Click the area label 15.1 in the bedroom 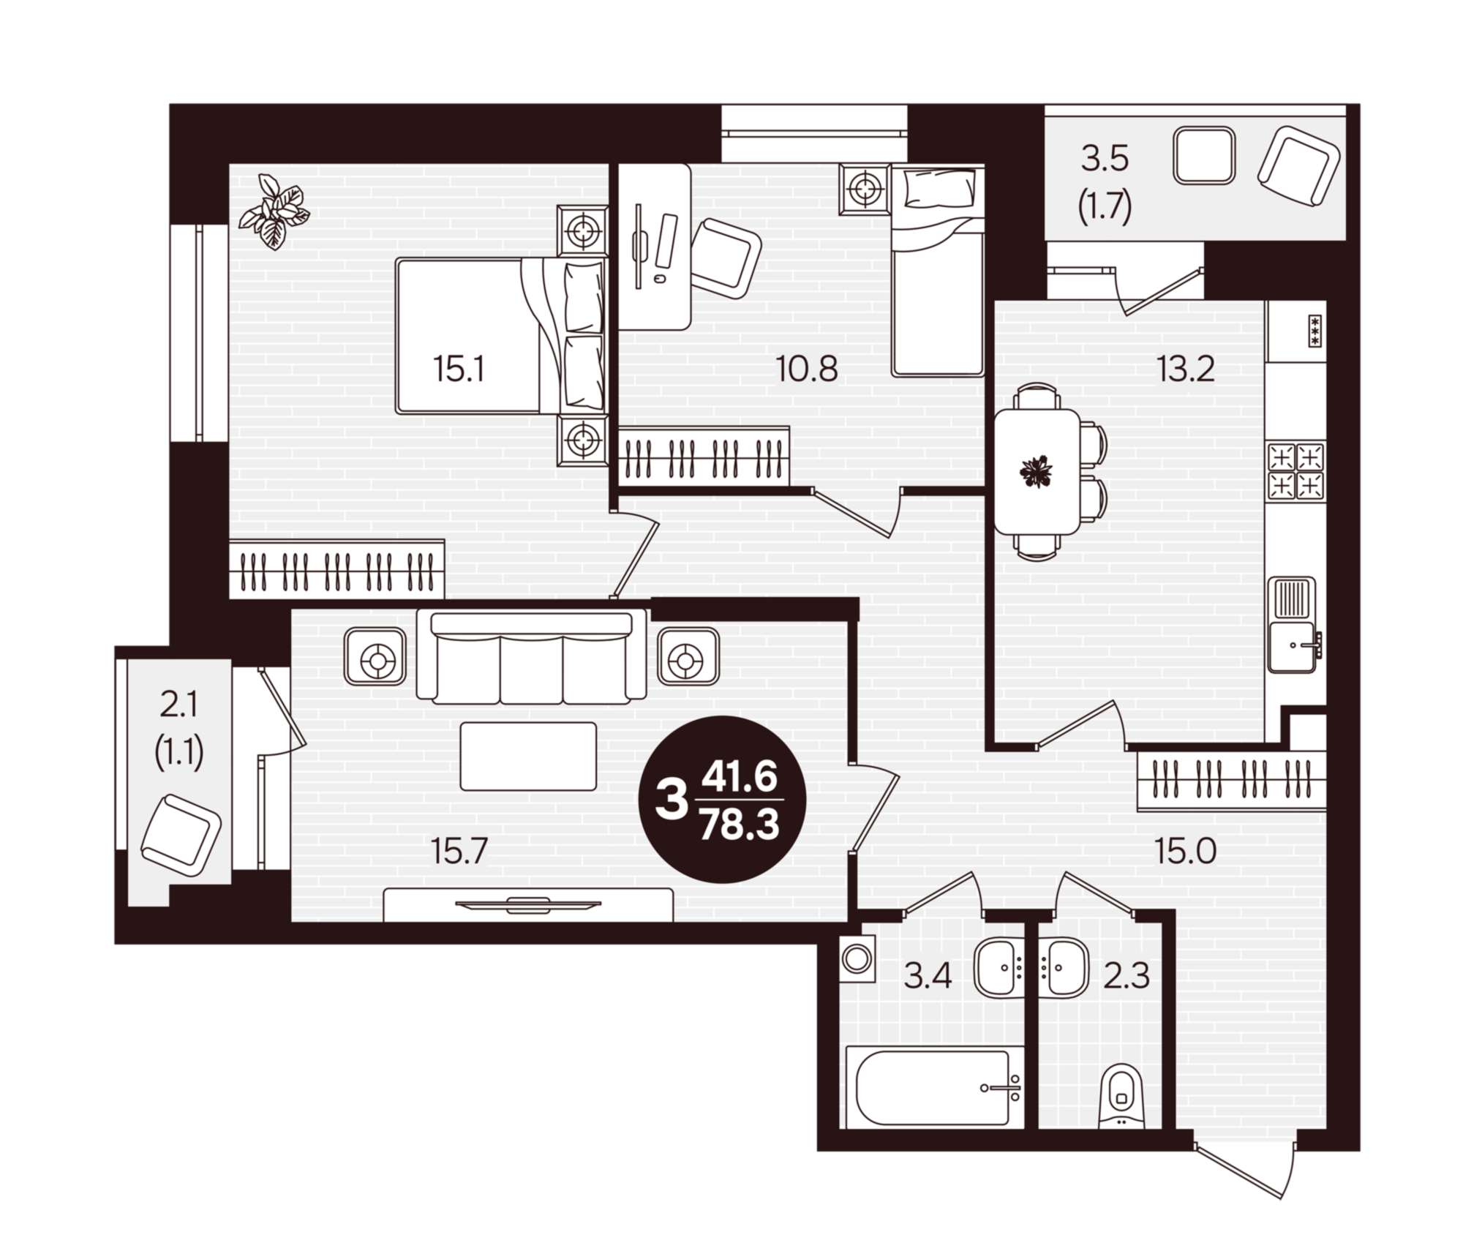[x=459, y=370]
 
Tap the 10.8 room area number [x=807, y=370]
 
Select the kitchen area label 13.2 [x=1185, y=370]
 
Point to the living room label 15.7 [x=459, y=851]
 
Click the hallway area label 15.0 [x=1185, y=851]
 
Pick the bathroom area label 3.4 [x=928, y=976]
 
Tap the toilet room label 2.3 [x=1127, y=976]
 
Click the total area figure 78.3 [x=740, y=827]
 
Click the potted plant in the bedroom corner [x=276, y=212]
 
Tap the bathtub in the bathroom [x=935, y=1088]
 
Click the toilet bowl [x=1120, y=1097]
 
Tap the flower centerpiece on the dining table [x=1035, y=471]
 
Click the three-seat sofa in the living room [x=531, y=657]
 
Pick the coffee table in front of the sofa [x=528, y=756]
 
